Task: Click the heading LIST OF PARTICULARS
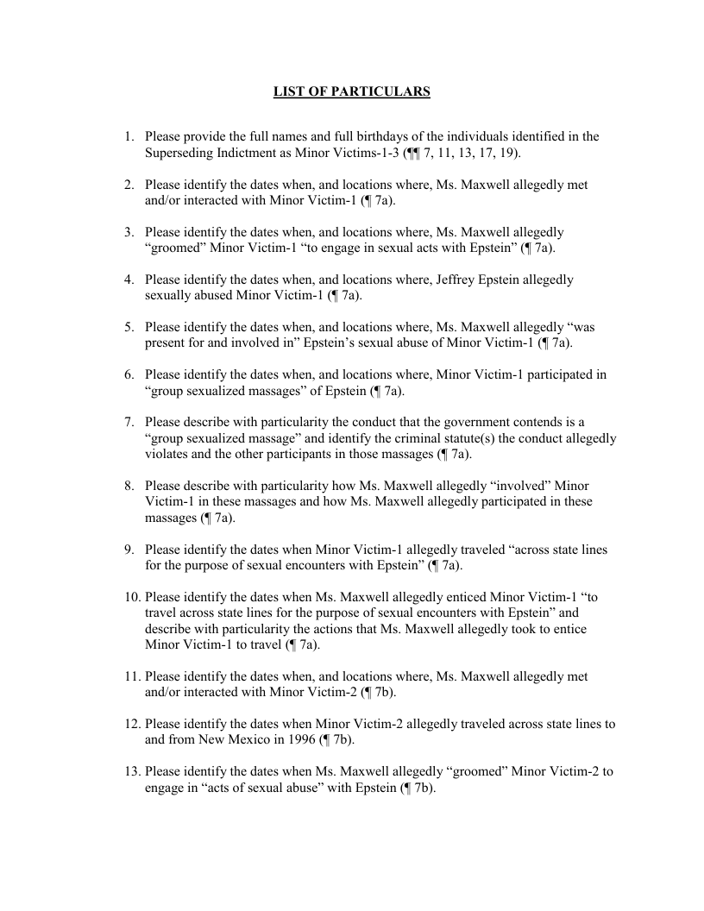[352, 91]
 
